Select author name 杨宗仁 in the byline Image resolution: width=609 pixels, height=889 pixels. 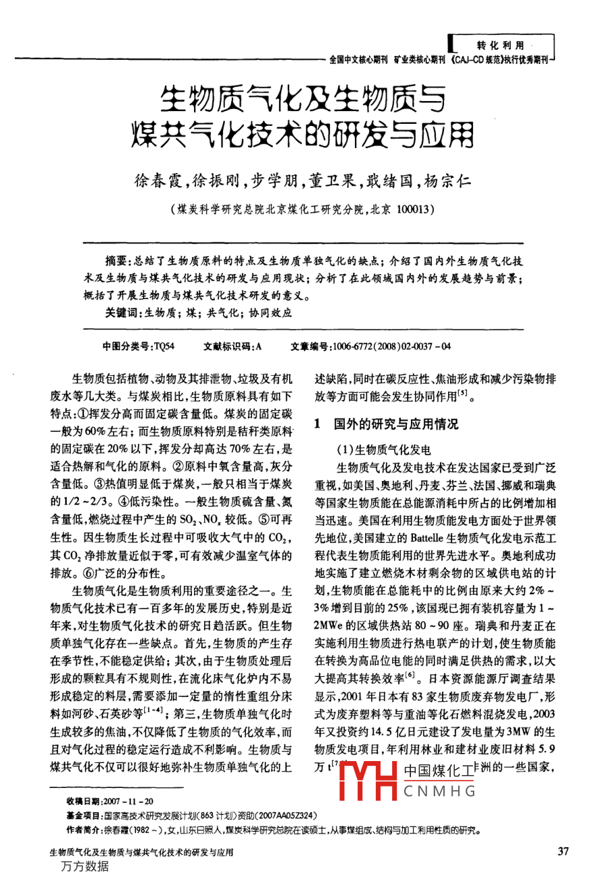448,180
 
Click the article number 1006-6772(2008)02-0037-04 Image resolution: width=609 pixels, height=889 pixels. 392,346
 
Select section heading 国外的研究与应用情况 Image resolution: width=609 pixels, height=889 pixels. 396,424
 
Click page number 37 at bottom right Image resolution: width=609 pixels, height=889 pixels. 564,852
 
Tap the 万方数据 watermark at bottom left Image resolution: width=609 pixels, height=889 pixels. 84,867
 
